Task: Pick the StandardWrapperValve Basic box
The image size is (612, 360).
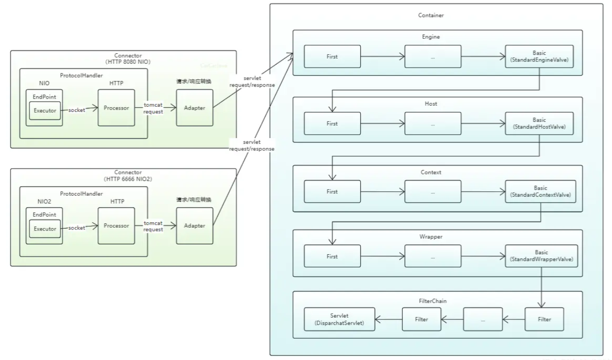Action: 542,257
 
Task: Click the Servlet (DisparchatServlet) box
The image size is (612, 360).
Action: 339,320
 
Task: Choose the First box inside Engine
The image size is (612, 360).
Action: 332,57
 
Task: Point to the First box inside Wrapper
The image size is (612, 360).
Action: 332,257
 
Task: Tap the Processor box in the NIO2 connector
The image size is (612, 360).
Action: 116,226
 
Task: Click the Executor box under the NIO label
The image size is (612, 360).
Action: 44,110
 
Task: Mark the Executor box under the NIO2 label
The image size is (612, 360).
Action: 45,229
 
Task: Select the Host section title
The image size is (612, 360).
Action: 431,103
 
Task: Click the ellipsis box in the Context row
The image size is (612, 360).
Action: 433,192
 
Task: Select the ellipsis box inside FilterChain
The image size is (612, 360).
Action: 483,320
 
